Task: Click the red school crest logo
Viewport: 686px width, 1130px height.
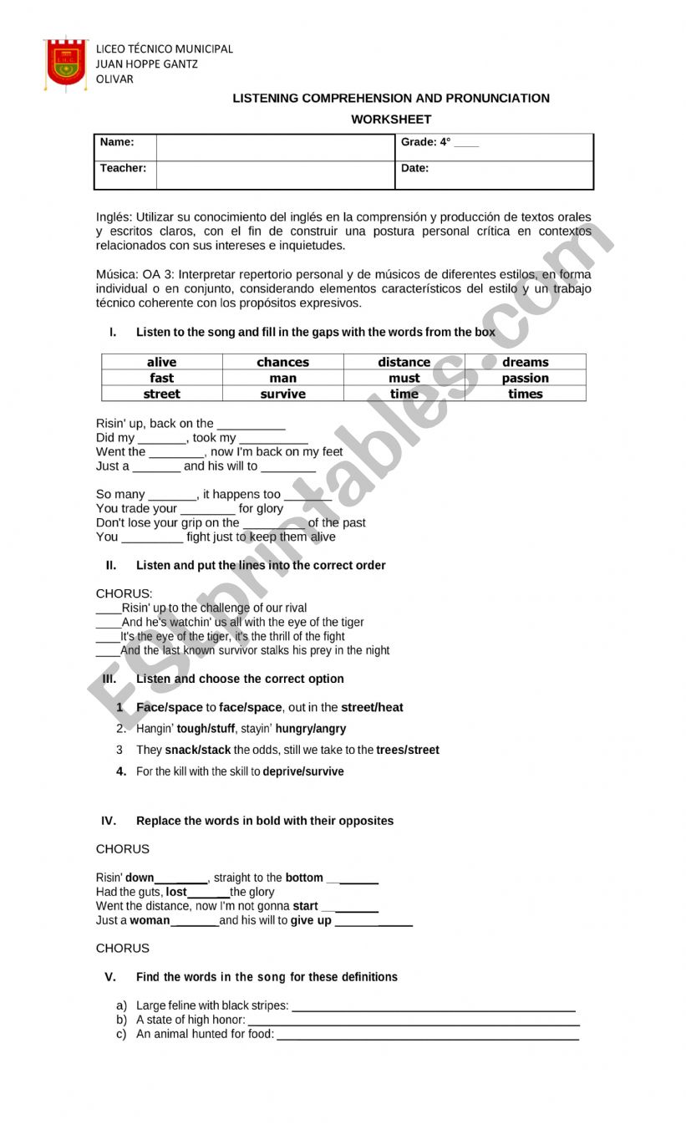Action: (x=67, y=63)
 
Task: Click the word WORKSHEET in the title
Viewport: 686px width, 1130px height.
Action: (x=391, y=120)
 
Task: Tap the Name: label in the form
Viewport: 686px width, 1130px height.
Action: (x=117, y=142)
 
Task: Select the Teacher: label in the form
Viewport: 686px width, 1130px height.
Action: (x=123, y=168)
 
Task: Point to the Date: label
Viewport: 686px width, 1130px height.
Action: (x=414, y=168)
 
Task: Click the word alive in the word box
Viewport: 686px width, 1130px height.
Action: (x=161, y=362)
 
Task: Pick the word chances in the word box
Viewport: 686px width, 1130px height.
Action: (x=282, y=362)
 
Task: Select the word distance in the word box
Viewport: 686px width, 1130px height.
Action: (x=404, y=362)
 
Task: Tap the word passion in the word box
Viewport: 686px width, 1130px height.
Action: (x=525, y=378)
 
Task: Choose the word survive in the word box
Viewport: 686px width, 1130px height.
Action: (x=282, y=394)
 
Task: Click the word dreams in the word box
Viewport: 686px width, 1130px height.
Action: (x=525, y=362)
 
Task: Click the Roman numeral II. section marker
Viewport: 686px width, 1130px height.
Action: (x=111, y=565)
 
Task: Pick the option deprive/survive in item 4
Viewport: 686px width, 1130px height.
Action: (x=303, y=771)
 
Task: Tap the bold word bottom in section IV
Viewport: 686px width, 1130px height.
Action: (x=304, y=878)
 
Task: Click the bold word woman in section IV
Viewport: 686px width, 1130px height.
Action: (x=150, y=920)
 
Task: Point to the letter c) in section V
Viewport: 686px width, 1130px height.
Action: (x=122, y=1034)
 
